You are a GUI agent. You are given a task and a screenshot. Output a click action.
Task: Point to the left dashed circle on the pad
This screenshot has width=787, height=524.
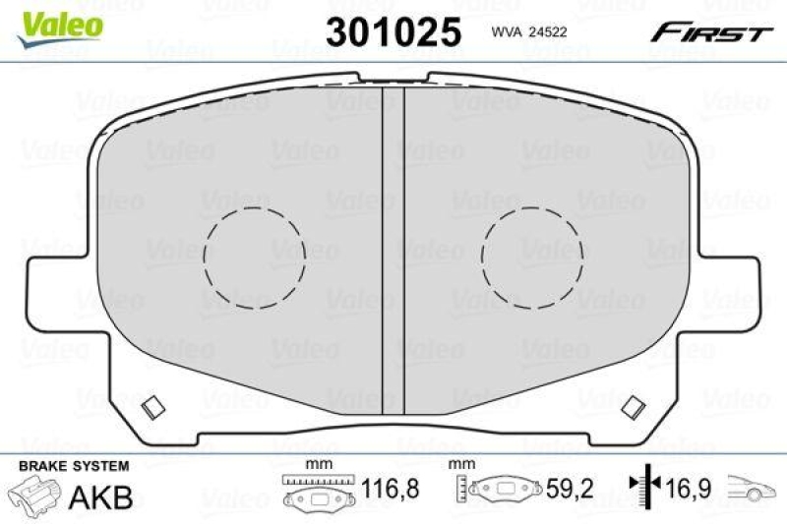click(255, 256)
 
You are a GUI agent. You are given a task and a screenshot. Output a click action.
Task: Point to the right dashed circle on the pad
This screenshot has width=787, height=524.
click(531, 256)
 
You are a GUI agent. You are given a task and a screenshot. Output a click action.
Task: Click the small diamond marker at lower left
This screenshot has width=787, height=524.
click(153, 405)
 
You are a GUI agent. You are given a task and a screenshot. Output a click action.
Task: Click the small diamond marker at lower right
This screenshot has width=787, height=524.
click(634, 405)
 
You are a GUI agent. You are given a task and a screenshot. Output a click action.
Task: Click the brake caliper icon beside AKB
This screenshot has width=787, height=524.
click(35, 494)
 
